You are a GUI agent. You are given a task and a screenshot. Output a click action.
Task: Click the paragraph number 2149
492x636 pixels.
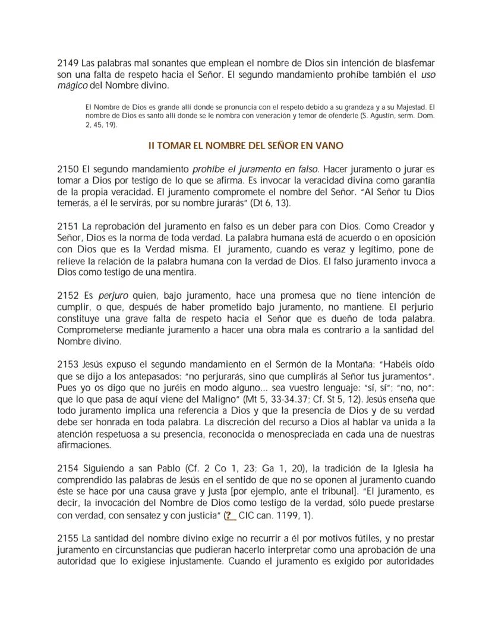pyautogui.click(x=67, y=63)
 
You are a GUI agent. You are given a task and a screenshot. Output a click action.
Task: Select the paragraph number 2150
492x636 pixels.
pyautogui.click(x=67, y=169)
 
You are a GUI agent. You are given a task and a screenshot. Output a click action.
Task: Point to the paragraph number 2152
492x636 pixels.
pyautogui.click(x=67, y=295)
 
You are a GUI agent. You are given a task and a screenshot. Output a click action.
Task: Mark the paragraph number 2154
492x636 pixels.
pyautogui.click(x=67, y=470)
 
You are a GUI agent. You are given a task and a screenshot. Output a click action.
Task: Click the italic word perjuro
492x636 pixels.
pyautogui.click(x=113, y=295)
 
